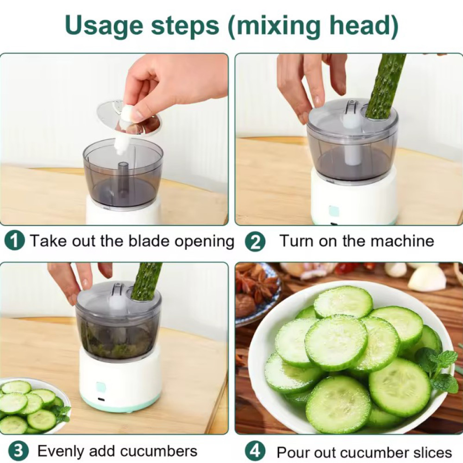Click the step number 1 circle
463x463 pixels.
coord(14,241)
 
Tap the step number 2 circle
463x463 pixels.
coord(255,242)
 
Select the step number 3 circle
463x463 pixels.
coord(18,451)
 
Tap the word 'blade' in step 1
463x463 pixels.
coord(150,241)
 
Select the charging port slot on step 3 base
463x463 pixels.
coord(102,400)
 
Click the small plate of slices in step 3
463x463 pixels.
coord(33,407)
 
